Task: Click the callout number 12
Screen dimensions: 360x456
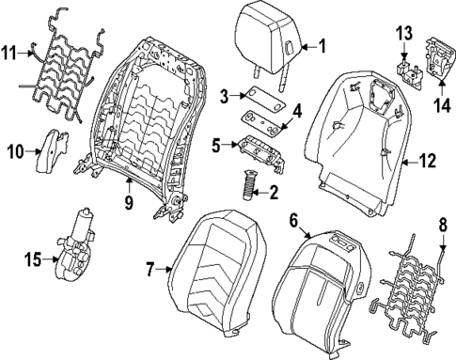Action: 427,162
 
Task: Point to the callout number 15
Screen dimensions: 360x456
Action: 31,258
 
